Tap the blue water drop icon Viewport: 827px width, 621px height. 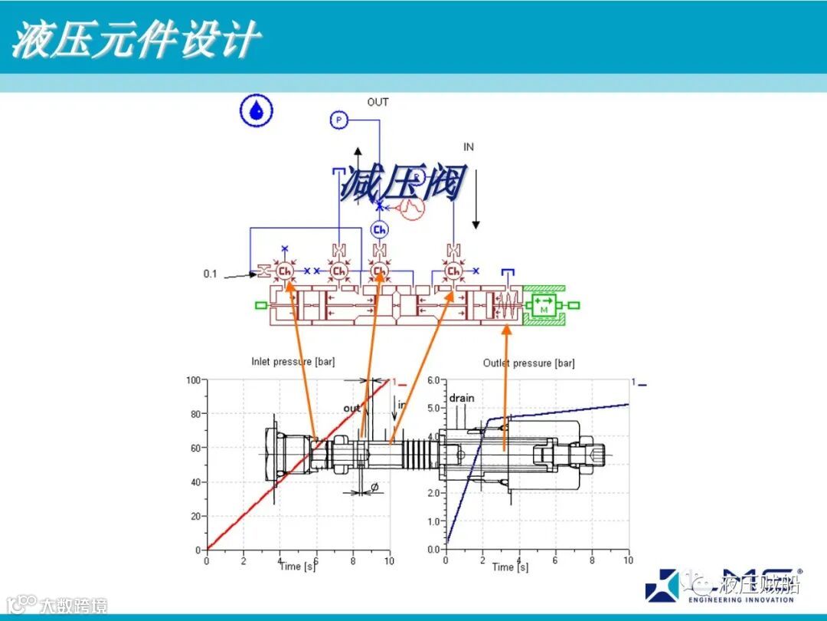click(257, 111)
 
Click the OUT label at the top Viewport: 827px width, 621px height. click(378, 102)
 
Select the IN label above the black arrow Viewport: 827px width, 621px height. click(469, 147)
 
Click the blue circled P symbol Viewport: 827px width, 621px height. click(338, 120)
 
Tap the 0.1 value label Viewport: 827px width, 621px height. click(210, 274)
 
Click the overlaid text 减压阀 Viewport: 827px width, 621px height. click(402, 184)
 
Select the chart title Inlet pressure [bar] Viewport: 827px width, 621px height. click(293, 362)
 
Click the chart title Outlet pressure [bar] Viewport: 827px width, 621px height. click(528, 363)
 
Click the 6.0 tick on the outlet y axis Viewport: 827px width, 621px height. click(433, 381)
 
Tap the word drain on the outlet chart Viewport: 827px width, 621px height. click(462, 398)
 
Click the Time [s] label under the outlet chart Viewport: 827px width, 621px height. click(510, 567)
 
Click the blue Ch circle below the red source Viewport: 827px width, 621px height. click(379, 230)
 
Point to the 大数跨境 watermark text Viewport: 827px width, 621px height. click(73, 605)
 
